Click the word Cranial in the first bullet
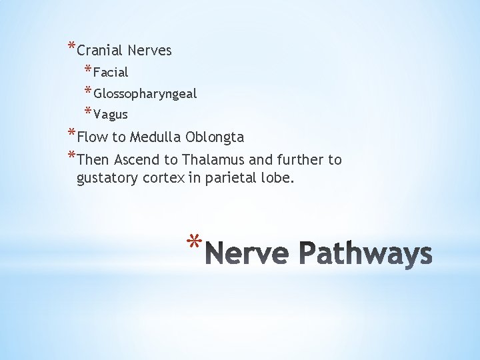[100, 51]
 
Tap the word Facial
[111, 72]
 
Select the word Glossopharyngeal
[145, 94]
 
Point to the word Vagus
[111, 115]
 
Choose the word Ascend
[137, 160]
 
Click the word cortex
[162, 179]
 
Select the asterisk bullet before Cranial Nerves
[71, 47]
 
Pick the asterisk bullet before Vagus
[88, 111]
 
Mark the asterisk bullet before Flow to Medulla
[71, 133]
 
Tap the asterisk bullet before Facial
[88, 69]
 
